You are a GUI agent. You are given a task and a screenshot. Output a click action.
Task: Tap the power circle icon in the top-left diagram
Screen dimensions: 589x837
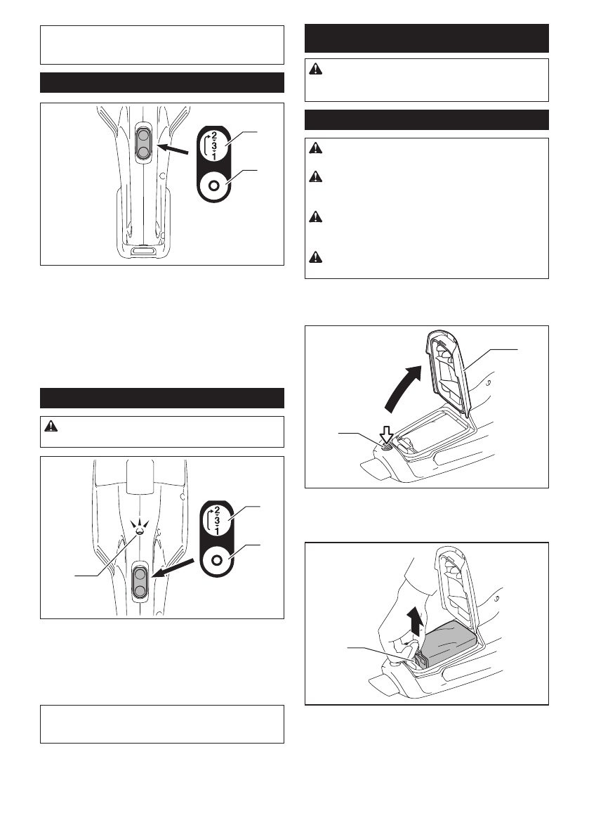[215, 186]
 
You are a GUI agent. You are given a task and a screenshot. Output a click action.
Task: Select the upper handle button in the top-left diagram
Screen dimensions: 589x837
[143, 134]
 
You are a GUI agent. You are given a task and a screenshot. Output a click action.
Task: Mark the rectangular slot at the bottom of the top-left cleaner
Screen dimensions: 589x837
[143, 251]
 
